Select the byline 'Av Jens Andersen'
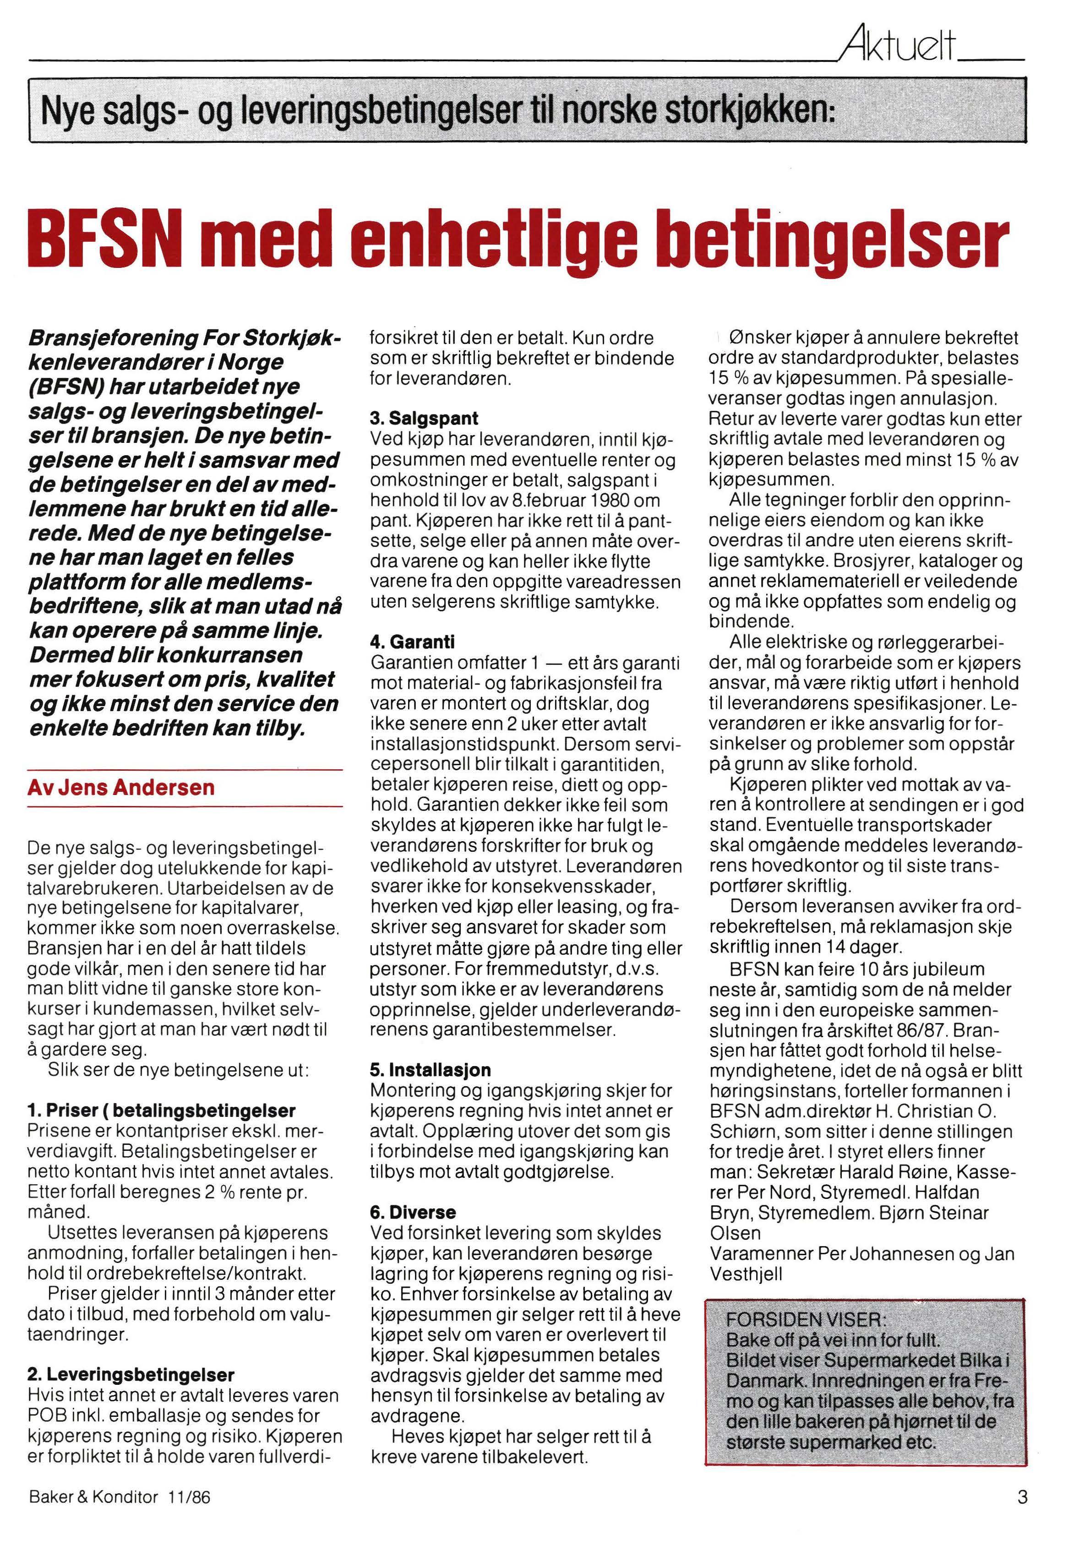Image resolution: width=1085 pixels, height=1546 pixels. tap(121, 787)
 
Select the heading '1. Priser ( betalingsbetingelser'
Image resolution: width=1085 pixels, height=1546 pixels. tap(162, 1111)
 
